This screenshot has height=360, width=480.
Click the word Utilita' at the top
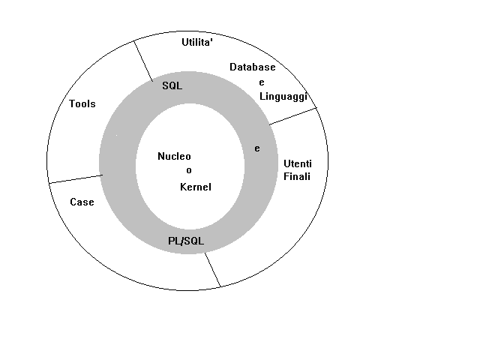tap(199, 43)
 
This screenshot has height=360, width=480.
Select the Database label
tap(253, 67)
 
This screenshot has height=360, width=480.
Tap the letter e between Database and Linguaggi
tap(262, 82)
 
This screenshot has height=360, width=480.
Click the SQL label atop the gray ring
tap(172, 85)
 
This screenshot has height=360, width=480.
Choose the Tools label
tap(82, 103)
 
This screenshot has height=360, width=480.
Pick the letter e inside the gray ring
tap(256, 148)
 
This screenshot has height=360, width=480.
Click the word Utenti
tap(296, 163)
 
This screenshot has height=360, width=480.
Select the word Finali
tap(296, 177)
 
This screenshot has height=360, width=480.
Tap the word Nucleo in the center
tap(175, 157)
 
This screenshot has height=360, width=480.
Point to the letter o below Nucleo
tap(178, 171)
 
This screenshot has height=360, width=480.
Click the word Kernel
tap(195, 186)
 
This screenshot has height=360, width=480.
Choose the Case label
tap(82, 202)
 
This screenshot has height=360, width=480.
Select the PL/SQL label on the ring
tap(186, 241)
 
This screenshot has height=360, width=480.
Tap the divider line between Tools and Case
tap(75, 178)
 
